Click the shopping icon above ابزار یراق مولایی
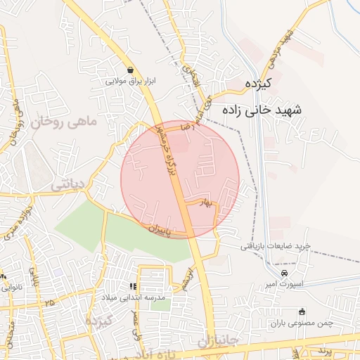click(x=131, y=70)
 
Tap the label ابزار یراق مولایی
click(x=131, y=81)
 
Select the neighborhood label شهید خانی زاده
click(x=262, y=110)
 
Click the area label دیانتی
click(x=68, y=185)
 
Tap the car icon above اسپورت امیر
click(x=284, y=272)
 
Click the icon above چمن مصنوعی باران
click(x=302, y=311)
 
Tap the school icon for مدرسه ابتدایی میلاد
click(x=131, y=287)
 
